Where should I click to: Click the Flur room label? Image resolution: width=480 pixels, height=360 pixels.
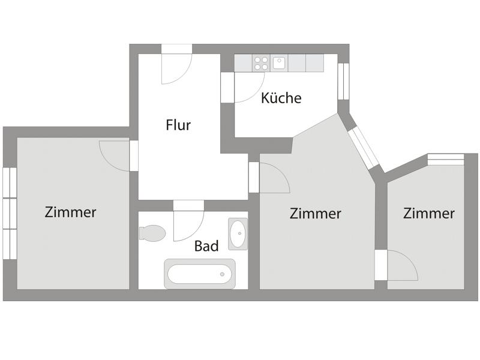click(x=178, y=125)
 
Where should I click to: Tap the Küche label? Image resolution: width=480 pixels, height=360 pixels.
click(x=281, y=98)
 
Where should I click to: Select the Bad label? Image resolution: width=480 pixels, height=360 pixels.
click(x=206, y=245)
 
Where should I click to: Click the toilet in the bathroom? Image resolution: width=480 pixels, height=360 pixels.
click(x=152, y=233)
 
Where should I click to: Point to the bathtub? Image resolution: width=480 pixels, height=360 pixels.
click(x=200, y=274)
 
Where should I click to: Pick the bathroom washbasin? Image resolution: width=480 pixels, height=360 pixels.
click(x=238, y=233)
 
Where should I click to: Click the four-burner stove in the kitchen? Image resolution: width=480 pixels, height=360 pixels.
click(x=261, y=62)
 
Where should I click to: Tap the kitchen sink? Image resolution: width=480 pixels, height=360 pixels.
click(x=279, y=62)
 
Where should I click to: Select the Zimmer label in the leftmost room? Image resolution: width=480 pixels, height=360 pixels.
click(x=70, y=212)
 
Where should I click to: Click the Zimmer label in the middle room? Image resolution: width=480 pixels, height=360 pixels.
click(x=315, y=214)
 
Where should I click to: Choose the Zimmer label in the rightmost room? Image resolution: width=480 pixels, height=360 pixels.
click(x=428, y=214)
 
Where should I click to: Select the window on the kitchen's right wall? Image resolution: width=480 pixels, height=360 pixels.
click(x=343, y=80)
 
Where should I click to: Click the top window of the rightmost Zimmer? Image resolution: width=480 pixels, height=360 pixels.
click(x=446, y=159)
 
